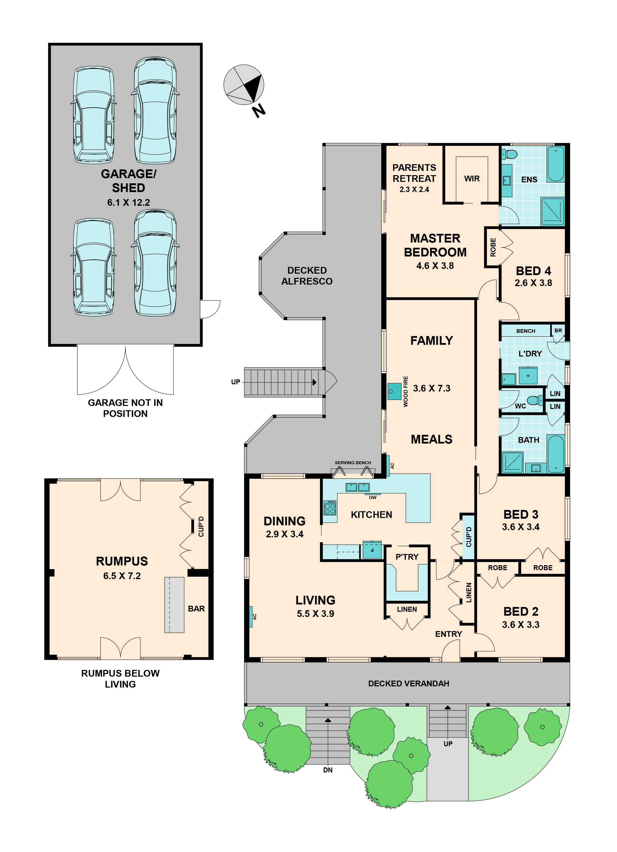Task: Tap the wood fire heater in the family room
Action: coord(394,391)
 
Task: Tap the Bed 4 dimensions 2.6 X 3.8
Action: coord(533,283)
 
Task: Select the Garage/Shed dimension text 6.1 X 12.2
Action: coord(129,202)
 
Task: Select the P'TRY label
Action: coord(407,557)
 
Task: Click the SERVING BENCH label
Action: coord(353,463)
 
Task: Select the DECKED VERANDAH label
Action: coord(409,684)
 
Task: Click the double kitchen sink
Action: coord(357,487)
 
